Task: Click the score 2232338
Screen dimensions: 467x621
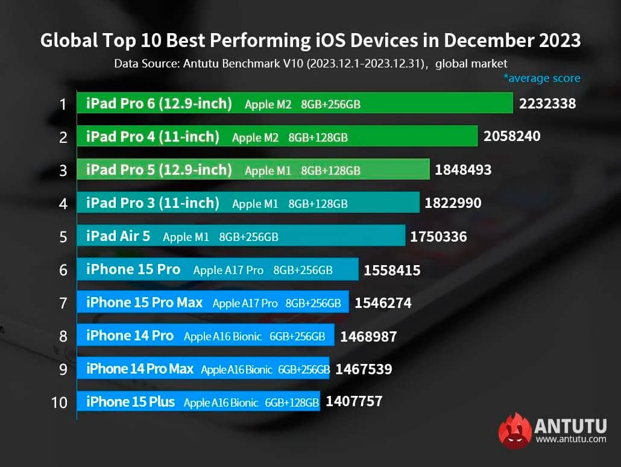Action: click(547, 104)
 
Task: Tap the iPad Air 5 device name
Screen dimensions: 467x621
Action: click(118, 236)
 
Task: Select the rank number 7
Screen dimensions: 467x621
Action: click(63, 302)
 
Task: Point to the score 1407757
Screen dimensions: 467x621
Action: click(354, 401)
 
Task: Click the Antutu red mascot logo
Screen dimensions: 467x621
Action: click(514, 431)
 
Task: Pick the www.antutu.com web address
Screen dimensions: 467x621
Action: click(570, 439)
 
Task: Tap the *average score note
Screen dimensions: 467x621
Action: click(541, 78)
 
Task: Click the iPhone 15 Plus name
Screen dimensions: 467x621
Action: click(130, 402)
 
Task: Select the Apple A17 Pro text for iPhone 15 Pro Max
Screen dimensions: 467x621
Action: click(245, 303)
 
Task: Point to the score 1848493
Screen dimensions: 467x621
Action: click(463, 170)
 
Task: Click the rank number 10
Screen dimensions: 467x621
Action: click(60, 402)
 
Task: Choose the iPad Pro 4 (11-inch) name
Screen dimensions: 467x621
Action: click(153, 137)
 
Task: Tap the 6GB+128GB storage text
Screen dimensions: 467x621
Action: click(292, 403)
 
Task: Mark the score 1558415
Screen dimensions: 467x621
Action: click(392, 271)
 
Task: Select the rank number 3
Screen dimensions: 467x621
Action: click(63, 171)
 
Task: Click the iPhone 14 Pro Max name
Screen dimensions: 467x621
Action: click(140, 369)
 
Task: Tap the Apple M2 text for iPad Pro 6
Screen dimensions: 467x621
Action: click(268, 104)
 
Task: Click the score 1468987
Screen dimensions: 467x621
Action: click(368, 337)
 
